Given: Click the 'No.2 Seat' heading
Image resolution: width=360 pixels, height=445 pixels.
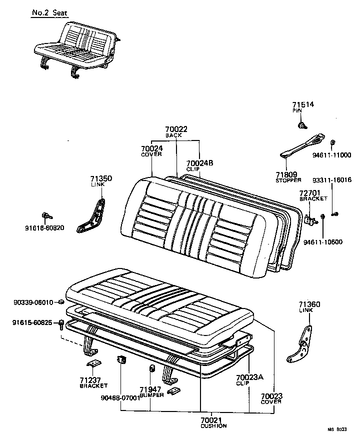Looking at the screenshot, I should pyautogui.click(x=49, y=11).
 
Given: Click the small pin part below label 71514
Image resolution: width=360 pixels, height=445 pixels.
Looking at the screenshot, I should pyautogui.click(x=302, y=124).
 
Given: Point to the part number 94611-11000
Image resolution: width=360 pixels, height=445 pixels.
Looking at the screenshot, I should pyautogui.click(x=331, y=155).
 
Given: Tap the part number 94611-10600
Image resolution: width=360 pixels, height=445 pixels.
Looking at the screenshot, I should pyautogui.click(x=323, y=242).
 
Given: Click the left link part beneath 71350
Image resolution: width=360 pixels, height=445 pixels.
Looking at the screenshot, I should pyautogui.click(x=93, y=214).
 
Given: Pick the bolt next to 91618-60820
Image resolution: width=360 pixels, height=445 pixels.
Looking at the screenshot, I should pyautogui.click(x=47, y=215).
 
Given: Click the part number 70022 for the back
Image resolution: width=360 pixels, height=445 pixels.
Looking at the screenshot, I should pyautogui.click(x=176, y=129).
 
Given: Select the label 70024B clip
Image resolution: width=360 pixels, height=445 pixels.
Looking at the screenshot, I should pyautogui.click(x=199, y=163).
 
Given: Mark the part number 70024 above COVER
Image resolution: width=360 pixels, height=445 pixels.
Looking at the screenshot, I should pyautogui.click(x=151, y=148).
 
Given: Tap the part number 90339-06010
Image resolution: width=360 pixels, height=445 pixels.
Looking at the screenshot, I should pyautogui.click(x=33, y=302).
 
